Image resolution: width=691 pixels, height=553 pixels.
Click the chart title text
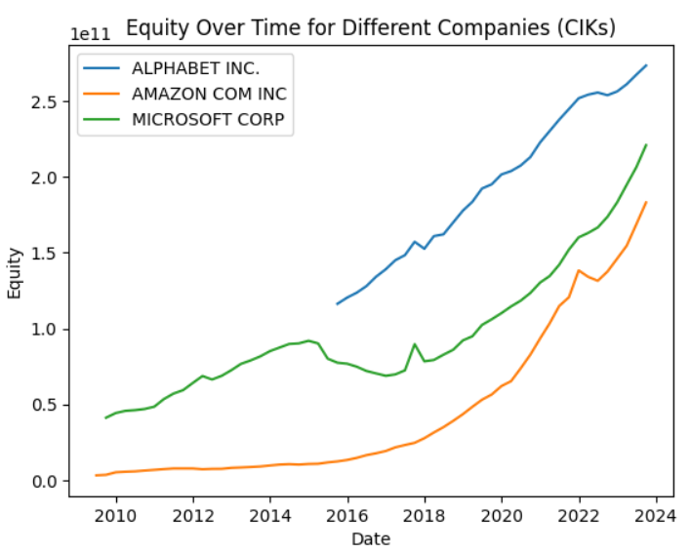[371, 27]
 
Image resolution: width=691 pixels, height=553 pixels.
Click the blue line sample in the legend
[102, 69]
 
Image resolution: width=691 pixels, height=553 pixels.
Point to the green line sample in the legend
[102, 119]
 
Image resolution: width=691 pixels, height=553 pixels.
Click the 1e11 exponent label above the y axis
[90, 33]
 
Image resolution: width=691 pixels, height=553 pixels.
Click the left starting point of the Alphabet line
[337, 303]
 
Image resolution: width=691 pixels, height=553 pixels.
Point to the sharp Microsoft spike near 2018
[415, 344]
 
